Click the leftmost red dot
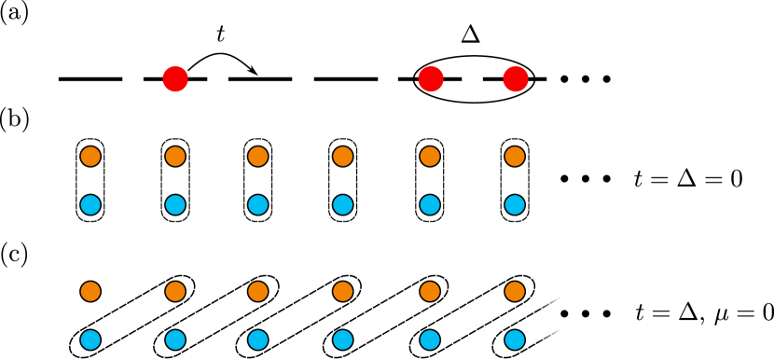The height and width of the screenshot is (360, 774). (175, 79)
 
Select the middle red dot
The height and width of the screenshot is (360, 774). (431, 79)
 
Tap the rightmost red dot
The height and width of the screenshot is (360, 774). (516, 79)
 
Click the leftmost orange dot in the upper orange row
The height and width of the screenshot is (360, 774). (90, 157)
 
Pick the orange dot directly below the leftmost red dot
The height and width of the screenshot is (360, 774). (175, 157)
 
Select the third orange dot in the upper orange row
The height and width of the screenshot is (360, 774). (258, 157)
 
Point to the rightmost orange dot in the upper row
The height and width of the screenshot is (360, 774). (515, 157)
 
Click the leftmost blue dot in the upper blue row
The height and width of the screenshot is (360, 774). (90, 205)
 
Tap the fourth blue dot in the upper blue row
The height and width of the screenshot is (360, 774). (343, 205)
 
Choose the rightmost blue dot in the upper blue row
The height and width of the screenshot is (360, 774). (515, 205)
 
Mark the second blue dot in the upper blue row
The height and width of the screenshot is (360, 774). (175, 205)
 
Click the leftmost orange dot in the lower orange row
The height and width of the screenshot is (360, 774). (90, 292)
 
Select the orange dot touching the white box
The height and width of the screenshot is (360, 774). (515, 292)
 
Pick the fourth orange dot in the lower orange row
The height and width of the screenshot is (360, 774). (343, 292)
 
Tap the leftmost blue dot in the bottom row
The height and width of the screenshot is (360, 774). (90, 340)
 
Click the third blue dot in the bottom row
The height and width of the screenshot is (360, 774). (258, 340)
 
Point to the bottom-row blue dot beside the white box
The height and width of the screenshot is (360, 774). (515, 340)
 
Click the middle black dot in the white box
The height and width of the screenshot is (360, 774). (586, 313)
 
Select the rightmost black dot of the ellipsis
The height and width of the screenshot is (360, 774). (607, 313)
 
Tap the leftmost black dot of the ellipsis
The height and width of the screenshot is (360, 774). (564, 313)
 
